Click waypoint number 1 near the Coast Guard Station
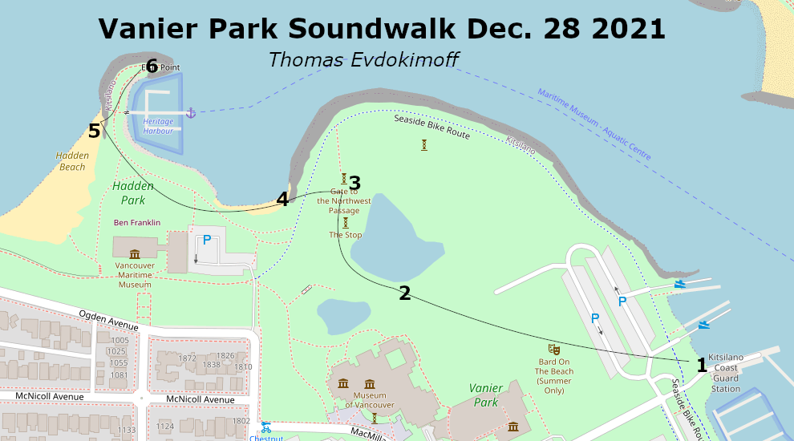coord(702,366)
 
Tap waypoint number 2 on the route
coord(405,293)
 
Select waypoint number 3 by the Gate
coord(354,184)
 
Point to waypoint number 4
coord(282,200)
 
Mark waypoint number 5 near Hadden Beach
coord(95,131)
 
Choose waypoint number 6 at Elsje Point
coord(152,67)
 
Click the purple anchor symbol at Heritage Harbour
coord(191,112)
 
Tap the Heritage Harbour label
coord(158,126)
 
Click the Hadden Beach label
coord(72,161)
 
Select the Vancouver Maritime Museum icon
coord(135,253)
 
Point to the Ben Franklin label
coord(137,222)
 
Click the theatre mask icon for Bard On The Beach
coord(553,349)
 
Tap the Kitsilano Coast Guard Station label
coord(726,373)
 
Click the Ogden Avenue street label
coord(108,320)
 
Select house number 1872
coord(188,358)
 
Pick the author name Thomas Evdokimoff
coord(363,60)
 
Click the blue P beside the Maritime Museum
coord(207,239)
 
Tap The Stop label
coord(345,235)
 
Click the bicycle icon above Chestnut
coord(266,427)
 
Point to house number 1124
coord(164,426)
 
